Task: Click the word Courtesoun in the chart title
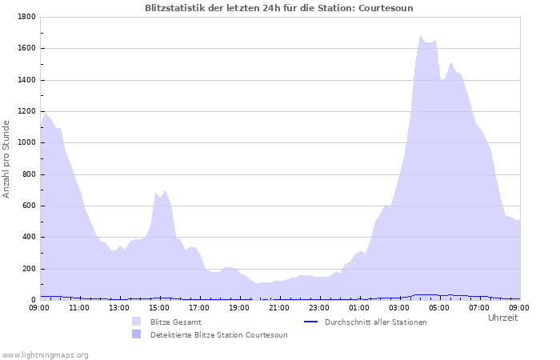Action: (x=386, y=8)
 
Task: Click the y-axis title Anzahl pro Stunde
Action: (x=6, y=158)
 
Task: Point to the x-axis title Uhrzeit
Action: (x=502, y=318)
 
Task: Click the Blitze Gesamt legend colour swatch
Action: (x=137, y=322)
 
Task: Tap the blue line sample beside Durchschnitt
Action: (x=313, y=322)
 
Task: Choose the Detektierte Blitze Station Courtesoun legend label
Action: (x=218, y=334)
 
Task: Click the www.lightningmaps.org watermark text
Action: (x=45, y=354)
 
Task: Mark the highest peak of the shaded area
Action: (x=420, y=35)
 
